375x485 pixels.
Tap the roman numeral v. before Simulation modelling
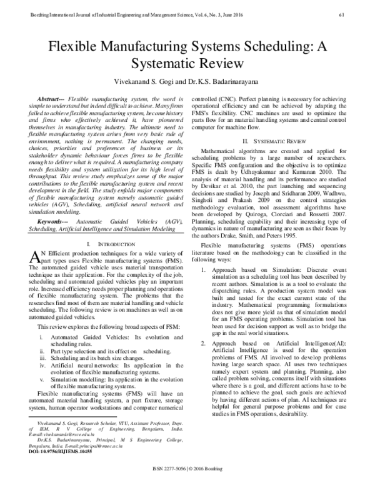click(x=43, y=377)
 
